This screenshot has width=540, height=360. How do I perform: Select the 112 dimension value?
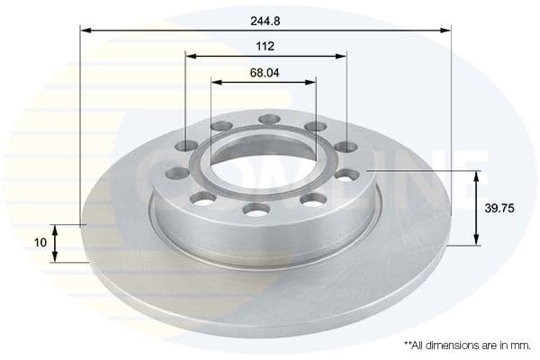coord(265,45)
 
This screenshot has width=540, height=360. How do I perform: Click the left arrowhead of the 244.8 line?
coord(86,30)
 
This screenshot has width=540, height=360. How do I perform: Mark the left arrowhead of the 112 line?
coord(192,56)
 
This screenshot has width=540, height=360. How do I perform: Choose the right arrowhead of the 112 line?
coord(341,56)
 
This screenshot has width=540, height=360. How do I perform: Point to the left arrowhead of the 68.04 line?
coord(217,82)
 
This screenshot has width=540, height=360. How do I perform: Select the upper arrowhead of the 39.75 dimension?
coord(477,175)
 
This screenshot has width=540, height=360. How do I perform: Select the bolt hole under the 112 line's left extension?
coord(186,147)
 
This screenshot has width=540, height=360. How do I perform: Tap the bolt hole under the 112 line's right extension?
coord(346,147)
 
